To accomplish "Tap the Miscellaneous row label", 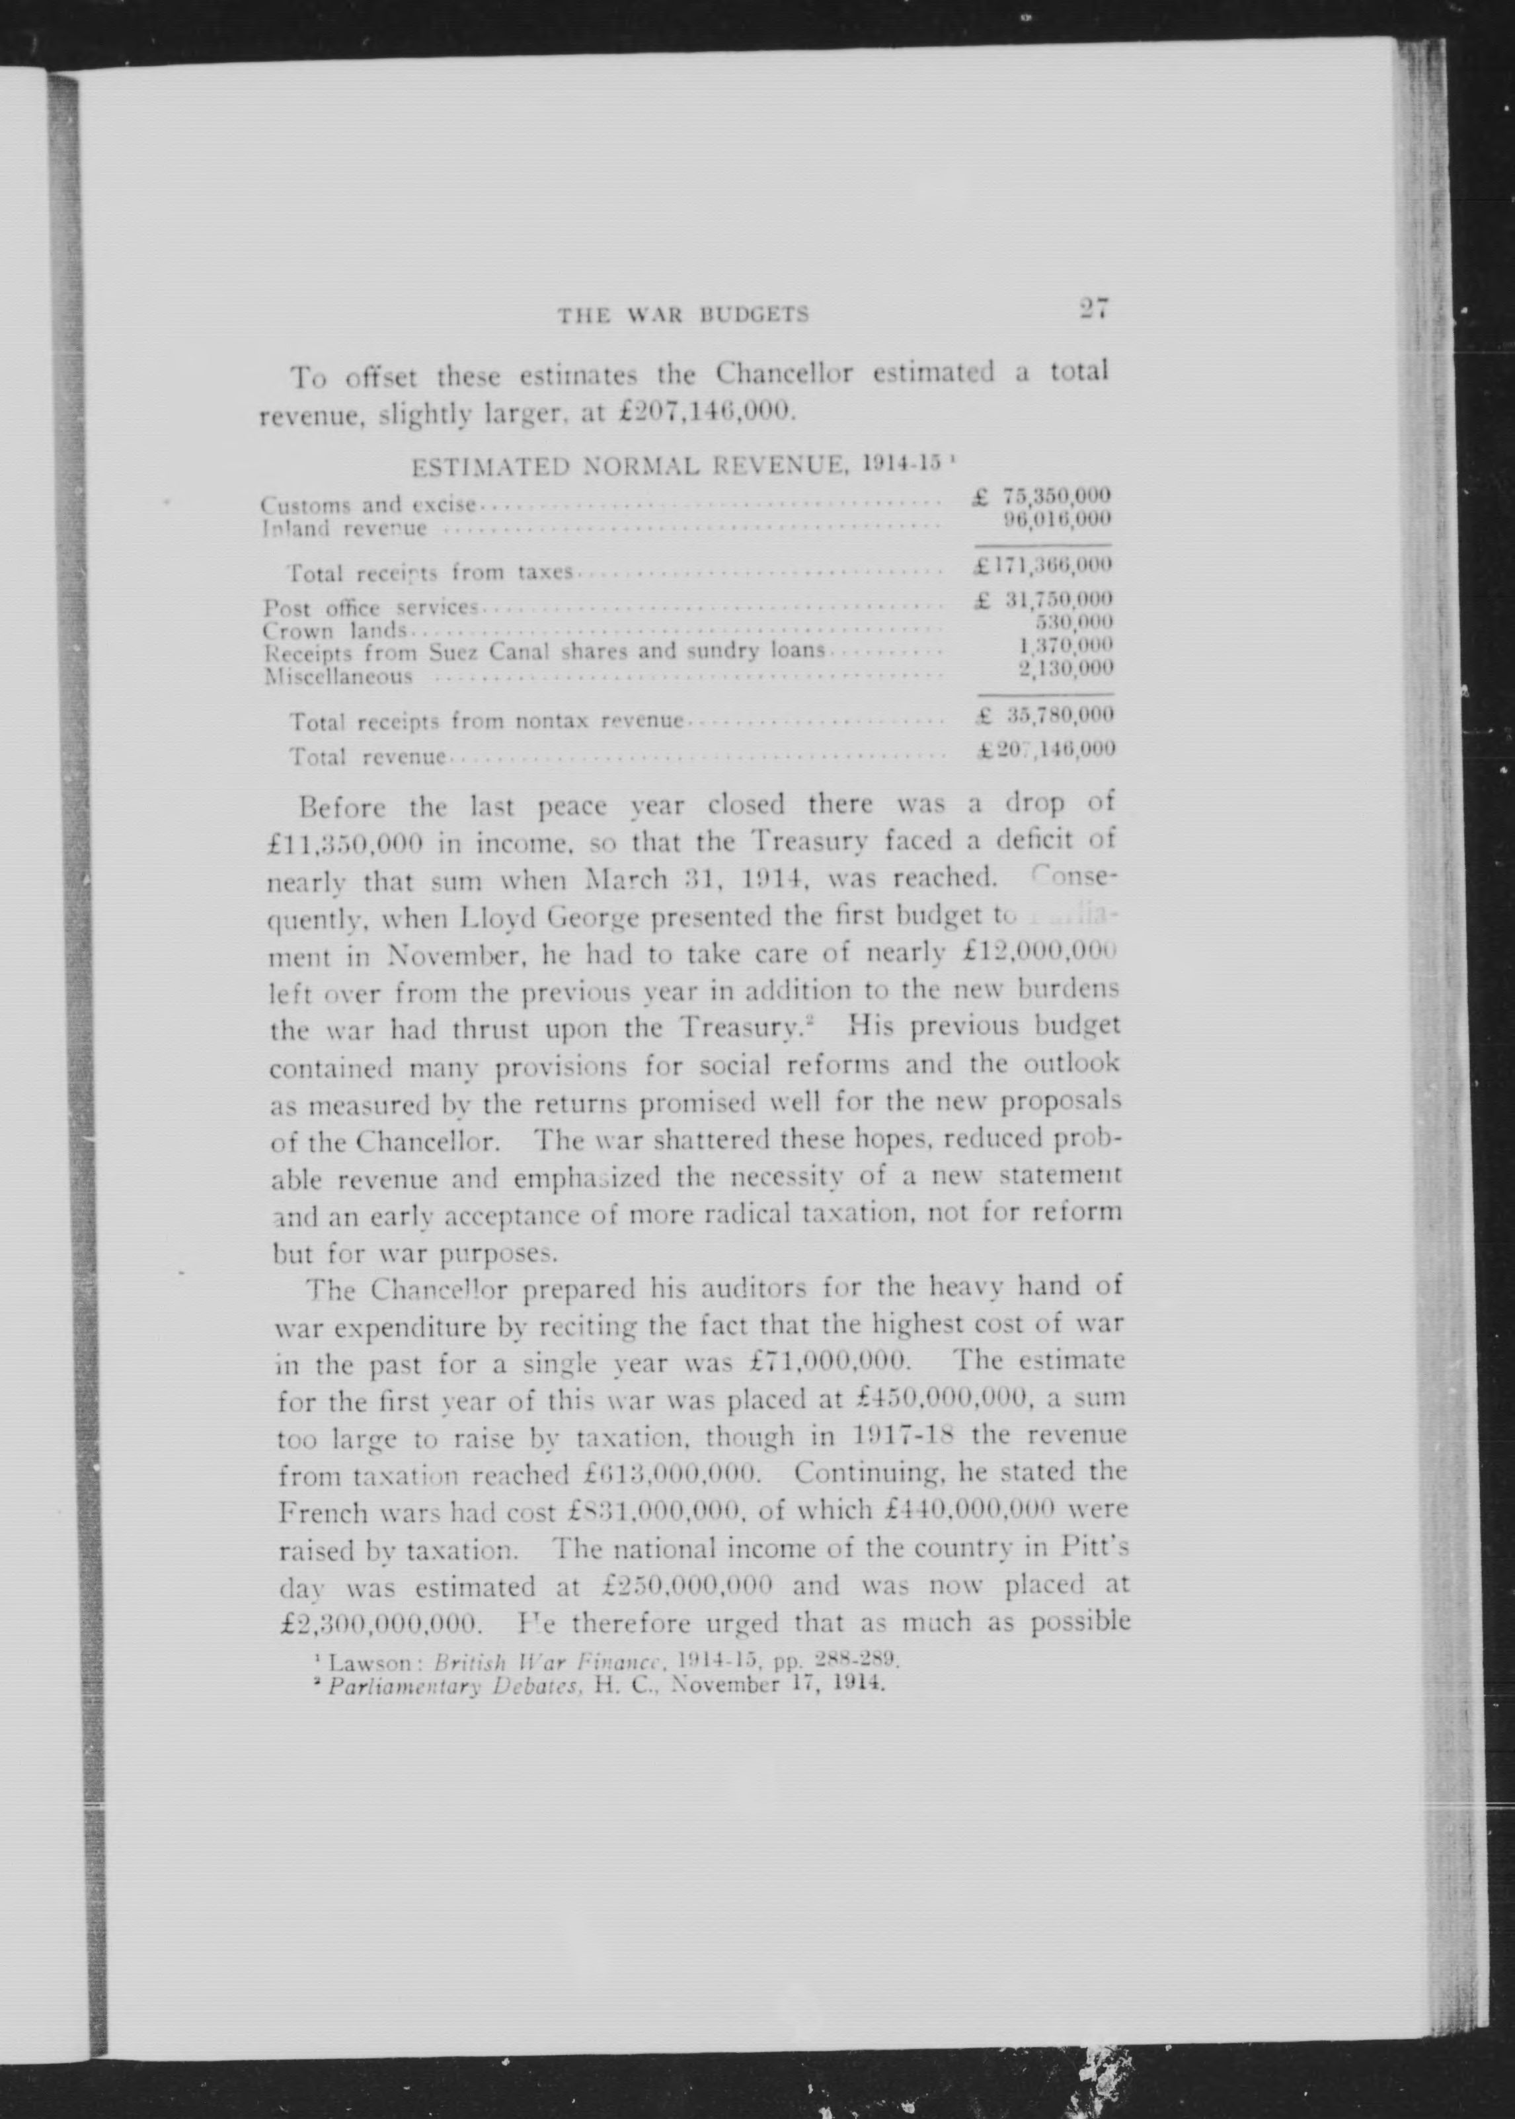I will click(338, 676).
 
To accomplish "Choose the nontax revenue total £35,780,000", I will click(1044, 715).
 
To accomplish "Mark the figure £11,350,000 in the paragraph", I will click(346, 841).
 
